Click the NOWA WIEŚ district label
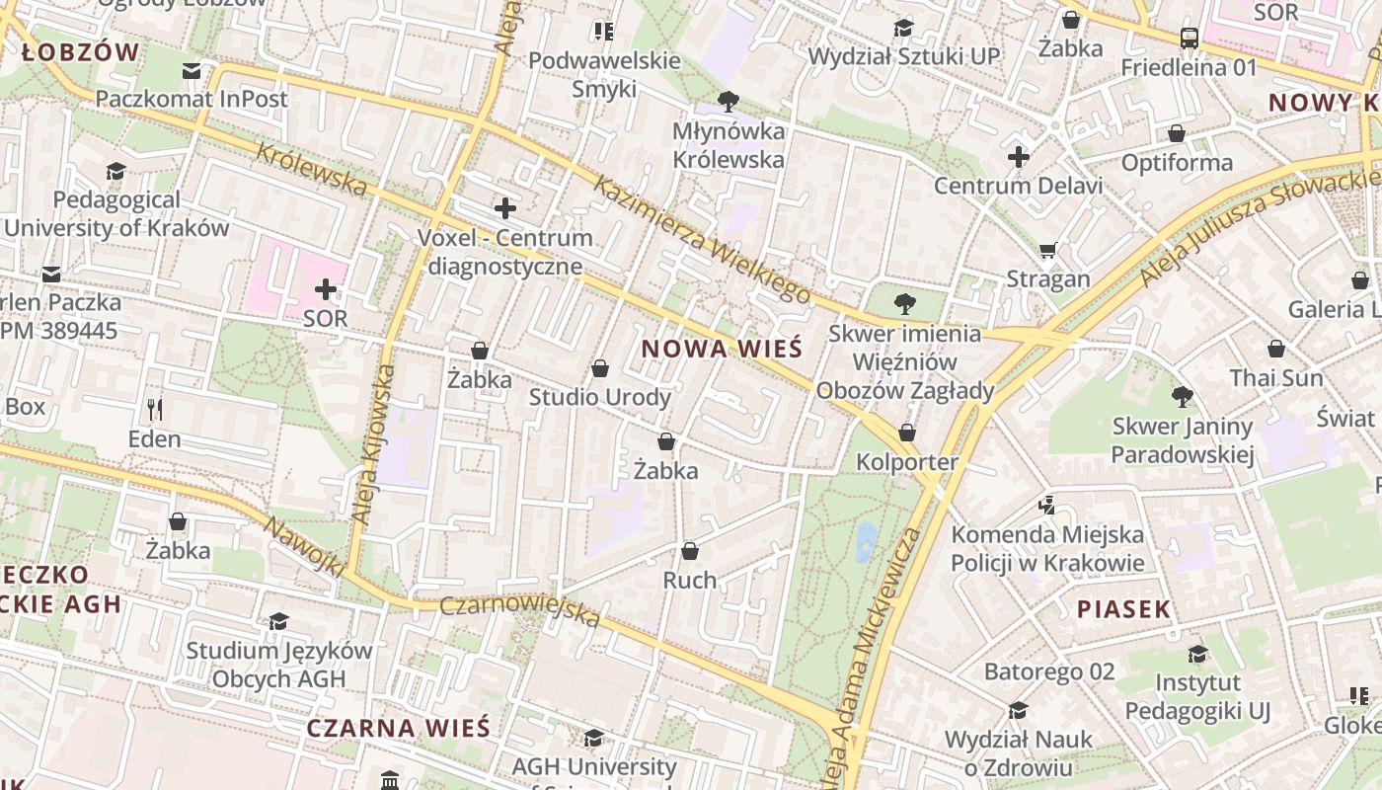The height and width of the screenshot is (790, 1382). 722,349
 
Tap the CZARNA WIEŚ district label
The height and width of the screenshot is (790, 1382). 398,729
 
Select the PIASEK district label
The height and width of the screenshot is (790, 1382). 1123,609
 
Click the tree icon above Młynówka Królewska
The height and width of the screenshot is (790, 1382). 729,100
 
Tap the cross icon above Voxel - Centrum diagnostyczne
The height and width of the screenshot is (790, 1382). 504,208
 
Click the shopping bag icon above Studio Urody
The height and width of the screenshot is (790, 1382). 599,369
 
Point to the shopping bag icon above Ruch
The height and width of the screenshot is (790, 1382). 690,551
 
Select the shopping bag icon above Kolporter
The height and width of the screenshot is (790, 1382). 906,434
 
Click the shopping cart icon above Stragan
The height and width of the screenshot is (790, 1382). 1047,251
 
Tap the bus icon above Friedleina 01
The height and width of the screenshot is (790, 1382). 1189,39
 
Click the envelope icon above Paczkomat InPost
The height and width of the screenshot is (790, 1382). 192,71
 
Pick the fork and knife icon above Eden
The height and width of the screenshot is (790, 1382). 154,409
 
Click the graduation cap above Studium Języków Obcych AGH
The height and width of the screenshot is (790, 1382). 279,621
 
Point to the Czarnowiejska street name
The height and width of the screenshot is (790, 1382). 519,611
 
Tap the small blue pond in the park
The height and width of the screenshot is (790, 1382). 866,542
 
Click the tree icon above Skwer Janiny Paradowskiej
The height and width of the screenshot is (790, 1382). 1182,398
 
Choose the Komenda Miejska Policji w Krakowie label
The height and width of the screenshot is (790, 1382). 1047,549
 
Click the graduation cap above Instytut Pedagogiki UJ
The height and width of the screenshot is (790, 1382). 1197,654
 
